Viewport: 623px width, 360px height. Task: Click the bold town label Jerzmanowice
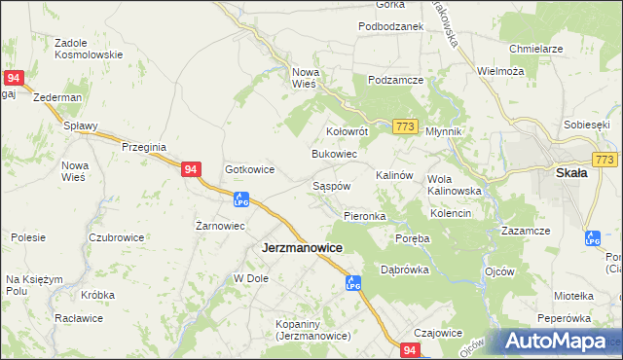coord(302,248)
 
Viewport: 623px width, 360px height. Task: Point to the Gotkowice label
coord(250,169)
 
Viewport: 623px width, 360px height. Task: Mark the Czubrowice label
coord(116,237)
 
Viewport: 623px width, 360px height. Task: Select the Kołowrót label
coord(346,130)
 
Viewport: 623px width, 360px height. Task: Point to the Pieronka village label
coord(365,216)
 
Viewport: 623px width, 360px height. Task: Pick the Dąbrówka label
coord(405,270)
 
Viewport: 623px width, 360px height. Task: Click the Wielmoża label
coord(501,71)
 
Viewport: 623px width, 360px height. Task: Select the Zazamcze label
coord(526,231)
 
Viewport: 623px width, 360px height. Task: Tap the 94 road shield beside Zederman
coord(13,77)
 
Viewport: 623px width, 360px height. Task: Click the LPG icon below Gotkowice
coord(241,200)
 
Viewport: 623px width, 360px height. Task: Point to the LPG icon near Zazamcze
coord(591,237)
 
